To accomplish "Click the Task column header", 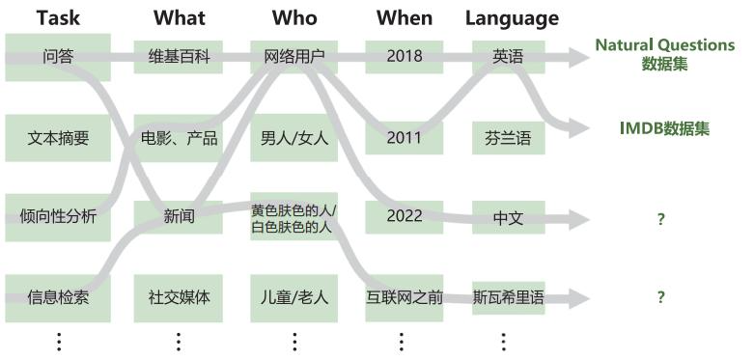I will click(58, 18).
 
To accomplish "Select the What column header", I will click(179, 18).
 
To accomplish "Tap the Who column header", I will click(294, 18).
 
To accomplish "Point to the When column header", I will click(405, 18).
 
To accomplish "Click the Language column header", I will click(512, 18).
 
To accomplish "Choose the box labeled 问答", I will click(58, 56).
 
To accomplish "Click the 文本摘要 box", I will click(58, 138).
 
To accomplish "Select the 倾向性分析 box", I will click(58, 217).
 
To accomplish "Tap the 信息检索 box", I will click(58, 297).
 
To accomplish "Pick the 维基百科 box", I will click(179, 56).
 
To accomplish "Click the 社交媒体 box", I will click(179, 297).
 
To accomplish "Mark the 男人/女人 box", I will click(294, 138).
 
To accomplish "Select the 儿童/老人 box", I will click(294, 297).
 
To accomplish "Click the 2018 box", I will click(405, 56).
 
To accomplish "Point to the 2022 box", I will click(405, 216).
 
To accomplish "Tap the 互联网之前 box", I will click(405, 297).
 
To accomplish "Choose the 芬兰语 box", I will click(508, 138).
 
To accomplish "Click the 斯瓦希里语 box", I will click(508, 297).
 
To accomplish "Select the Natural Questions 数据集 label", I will click(664, 55).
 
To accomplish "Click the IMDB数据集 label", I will click(664, 128).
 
